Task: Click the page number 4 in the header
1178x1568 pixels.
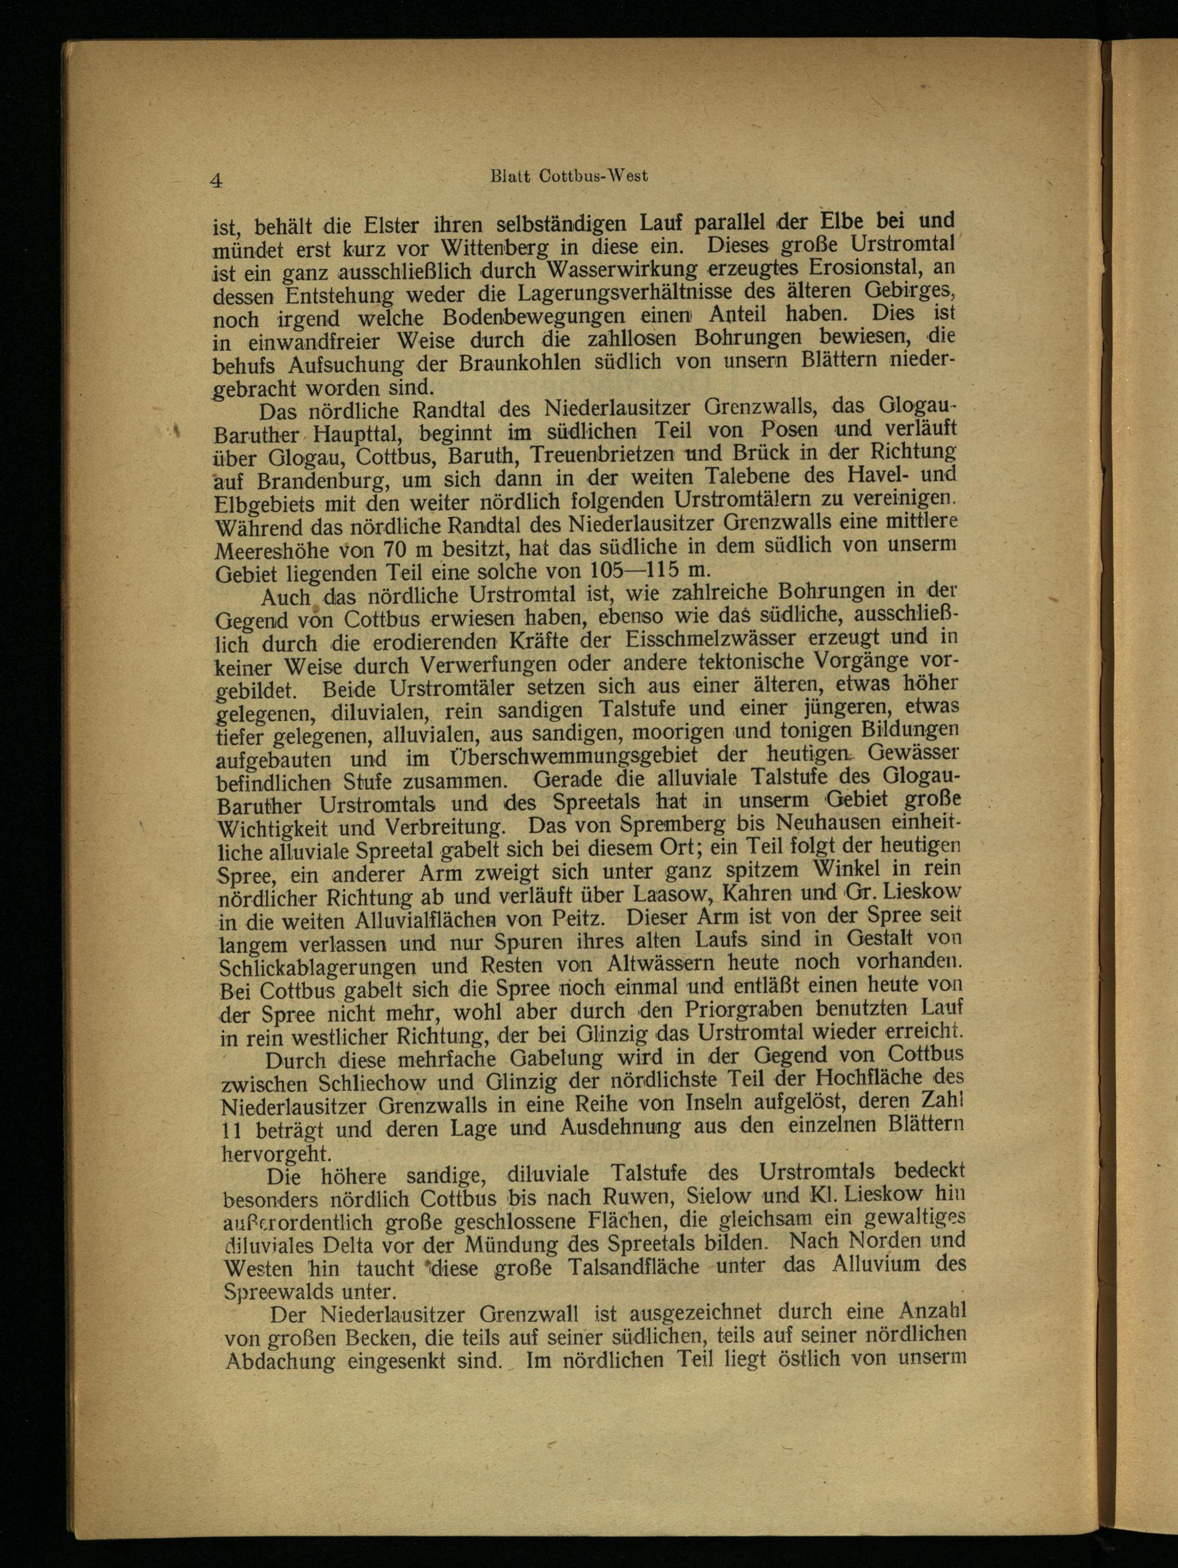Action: point(216,180)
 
